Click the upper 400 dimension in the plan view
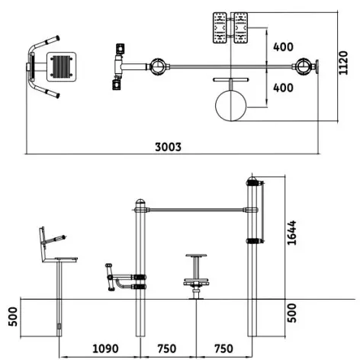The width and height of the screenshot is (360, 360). coord(283,47)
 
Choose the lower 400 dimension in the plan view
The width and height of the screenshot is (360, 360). coord(283,88)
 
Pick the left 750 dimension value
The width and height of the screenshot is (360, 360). coord(167,349)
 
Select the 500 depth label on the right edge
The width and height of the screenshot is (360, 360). coord(293,313)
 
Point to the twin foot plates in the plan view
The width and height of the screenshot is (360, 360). coord(231,29)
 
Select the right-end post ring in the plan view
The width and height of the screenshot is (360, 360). coord(307,66)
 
